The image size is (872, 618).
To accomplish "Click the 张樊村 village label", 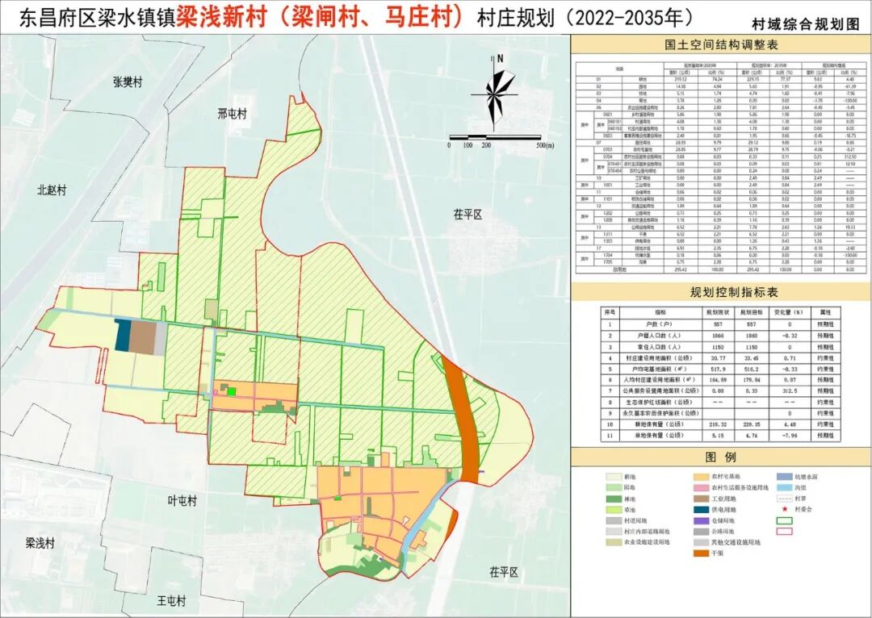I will [x=128, y=82].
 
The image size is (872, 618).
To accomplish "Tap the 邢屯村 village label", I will [x=233, y=113].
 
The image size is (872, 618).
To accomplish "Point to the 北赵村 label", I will [x=51, y=190].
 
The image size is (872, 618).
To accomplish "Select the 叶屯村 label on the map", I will [x=182, y=501].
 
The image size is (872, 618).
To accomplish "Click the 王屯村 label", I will [x=171, y=601].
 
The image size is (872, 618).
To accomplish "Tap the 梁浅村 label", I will [x=40, y=542].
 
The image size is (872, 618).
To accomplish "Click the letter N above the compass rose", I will [x=501, y=58].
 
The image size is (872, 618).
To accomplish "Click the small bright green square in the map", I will [x=232, y=392].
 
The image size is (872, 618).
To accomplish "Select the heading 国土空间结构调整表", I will [x=721, y=47].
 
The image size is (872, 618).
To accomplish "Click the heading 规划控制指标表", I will [x=721, y=291].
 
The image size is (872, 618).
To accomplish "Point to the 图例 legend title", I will [x=721, y=457].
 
